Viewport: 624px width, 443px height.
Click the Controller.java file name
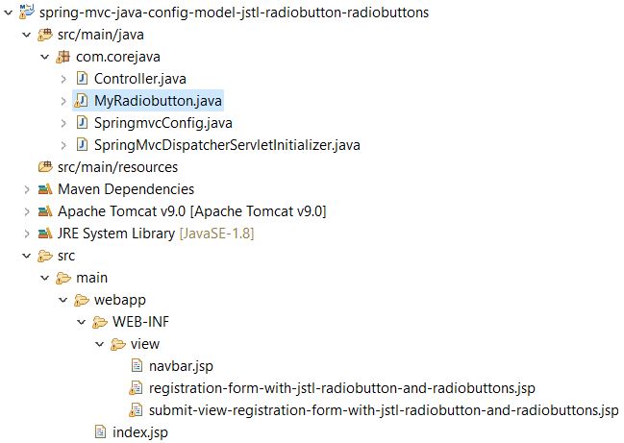(x=140, y=79)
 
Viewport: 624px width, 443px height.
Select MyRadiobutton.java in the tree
(x=158, y=101)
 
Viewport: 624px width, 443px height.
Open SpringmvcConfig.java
(x=163, y=123)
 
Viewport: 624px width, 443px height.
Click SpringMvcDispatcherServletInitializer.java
(x=227, y=145)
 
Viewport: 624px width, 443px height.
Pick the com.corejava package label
(x=118, y=57)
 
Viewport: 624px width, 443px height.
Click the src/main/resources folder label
(x=118, y=167)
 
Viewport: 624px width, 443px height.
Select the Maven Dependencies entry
(x=126, y=189)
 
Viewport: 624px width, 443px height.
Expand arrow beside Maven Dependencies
(x=27, y=189)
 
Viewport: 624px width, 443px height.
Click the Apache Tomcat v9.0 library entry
(x=192, y=211)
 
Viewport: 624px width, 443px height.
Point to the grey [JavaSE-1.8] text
(x=217, y=234)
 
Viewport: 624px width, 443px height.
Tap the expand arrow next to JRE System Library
(x=27, y=234)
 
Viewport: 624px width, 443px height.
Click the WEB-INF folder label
(x=141, y=321)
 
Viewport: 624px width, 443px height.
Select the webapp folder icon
(x=82, y=300)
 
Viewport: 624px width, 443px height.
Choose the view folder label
(x=145, y=344)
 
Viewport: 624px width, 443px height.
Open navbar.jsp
(x=181, y=366)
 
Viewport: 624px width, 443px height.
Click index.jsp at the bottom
(x=140, y=432)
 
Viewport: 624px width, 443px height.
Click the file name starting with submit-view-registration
(x=384, y=410)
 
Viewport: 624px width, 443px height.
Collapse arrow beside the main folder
(x=45, y=278)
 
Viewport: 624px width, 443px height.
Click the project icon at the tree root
(x=27, y=12)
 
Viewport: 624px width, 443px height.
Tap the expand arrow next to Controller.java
(x=63, y=79)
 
